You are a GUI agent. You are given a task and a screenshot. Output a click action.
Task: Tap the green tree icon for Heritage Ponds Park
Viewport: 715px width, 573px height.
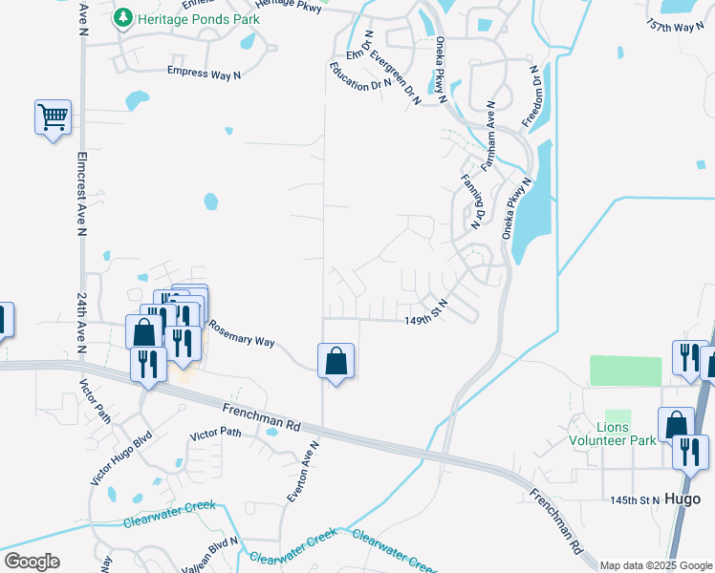coord(123,18)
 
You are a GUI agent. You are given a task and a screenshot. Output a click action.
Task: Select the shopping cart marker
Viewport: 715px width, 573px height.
coord(53,117)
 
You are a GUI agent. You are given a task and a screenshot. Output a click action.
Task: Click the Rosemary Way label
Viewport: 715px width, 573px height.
coord(242,334)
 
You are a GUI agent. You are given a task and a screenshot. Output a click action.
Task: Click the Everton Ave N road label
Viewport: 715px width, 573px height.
coord(303,472)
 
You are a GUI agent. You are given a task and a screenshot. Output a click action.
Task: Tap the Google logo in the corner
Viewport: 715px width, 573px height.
coord(32,562)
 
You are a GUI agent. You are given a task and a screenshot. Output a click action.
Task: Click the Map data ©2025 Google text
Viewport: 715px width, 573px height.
coord(656,565)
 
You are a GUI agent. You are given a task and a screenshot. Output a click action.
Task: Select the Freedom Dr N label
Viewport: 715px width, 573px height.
coord(532,96)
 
